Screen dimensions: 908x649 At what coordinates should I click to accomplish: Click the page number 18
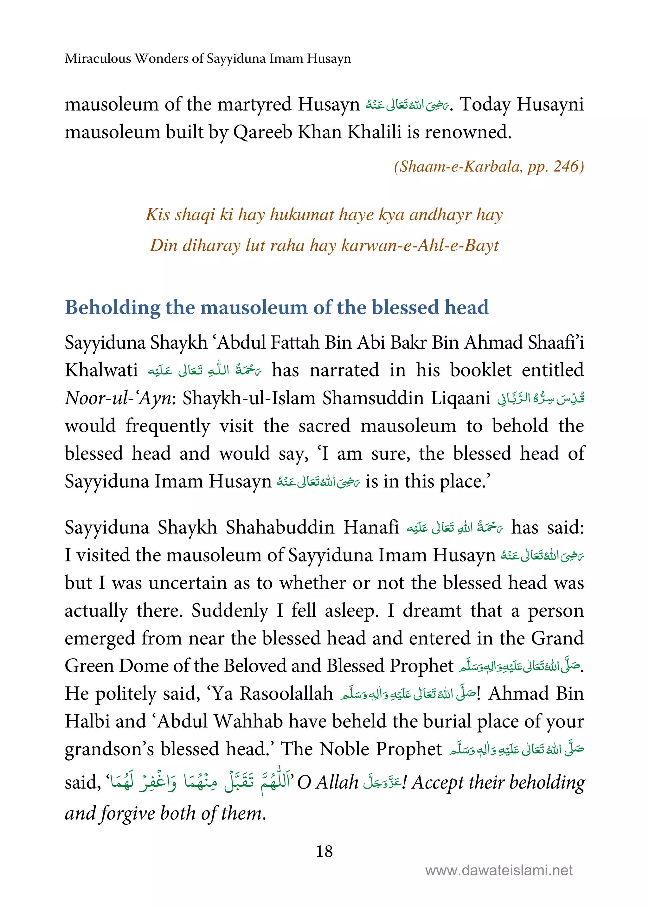tap(324, 851)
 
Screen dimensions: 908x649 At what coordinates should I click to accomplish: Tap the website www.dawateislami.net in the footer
tap(499, 870)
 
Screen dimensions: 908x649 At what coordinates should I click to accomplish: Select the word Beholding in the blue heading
tap(112, 308)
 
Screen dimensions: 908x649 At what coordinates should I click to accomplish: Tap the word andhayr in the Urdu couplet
tap(440, 214)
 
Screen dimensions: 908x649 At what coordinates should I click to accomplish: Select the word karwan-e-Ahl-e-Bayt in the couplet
tap(420, 245)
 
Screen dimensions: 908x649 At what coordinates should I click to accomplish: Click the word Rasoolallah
tap(286, 694)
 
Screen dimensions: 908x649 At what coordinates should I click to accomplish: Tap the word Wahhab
tap(248, 721)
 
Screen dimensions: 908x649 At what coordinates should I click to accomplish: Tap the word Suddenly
tap(230, 611)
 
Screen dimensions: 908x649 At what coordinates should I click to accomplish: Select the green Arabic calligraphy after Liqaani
tap(540, 398)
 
